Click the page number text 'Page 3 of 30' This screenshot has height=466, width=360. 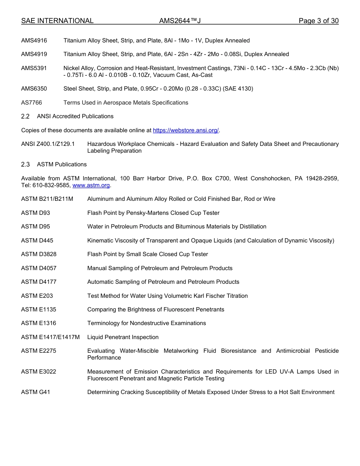(x=318, y=21)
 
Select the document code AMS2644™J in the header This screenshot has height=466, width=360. (x=180, y=21)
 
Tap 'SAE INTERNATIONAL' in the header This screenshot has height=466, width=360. (x=57, y=21)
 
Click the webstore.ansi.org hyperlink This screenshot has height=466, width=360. (x=186, y=130)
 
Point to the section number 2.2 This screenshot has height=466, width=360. (x=25, y=116)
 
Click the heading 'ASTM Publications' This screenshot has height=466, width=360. (x=62, y=164)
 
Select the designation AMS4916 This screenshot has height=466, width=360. (x=34, y=41)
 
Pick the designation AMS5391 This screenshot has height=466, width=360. (x=34, y=68)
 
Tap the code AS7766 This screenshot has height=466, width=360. (x=31, y=103)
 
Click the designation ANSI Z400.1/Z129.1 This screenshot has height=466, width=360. (x=48, y=144)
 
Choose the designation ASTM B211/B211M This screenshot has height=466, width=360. (x=47, y=199)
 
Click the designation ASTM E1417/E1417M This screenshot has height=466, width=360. (x=50, y=337)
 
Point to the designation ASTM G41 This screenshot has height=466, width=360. (x=36, y=392)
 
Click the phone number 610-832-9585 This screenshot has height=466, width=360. (x=52, y=185)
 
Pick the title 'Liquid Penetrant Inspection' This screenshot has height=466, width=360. (x=123, y=337)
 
